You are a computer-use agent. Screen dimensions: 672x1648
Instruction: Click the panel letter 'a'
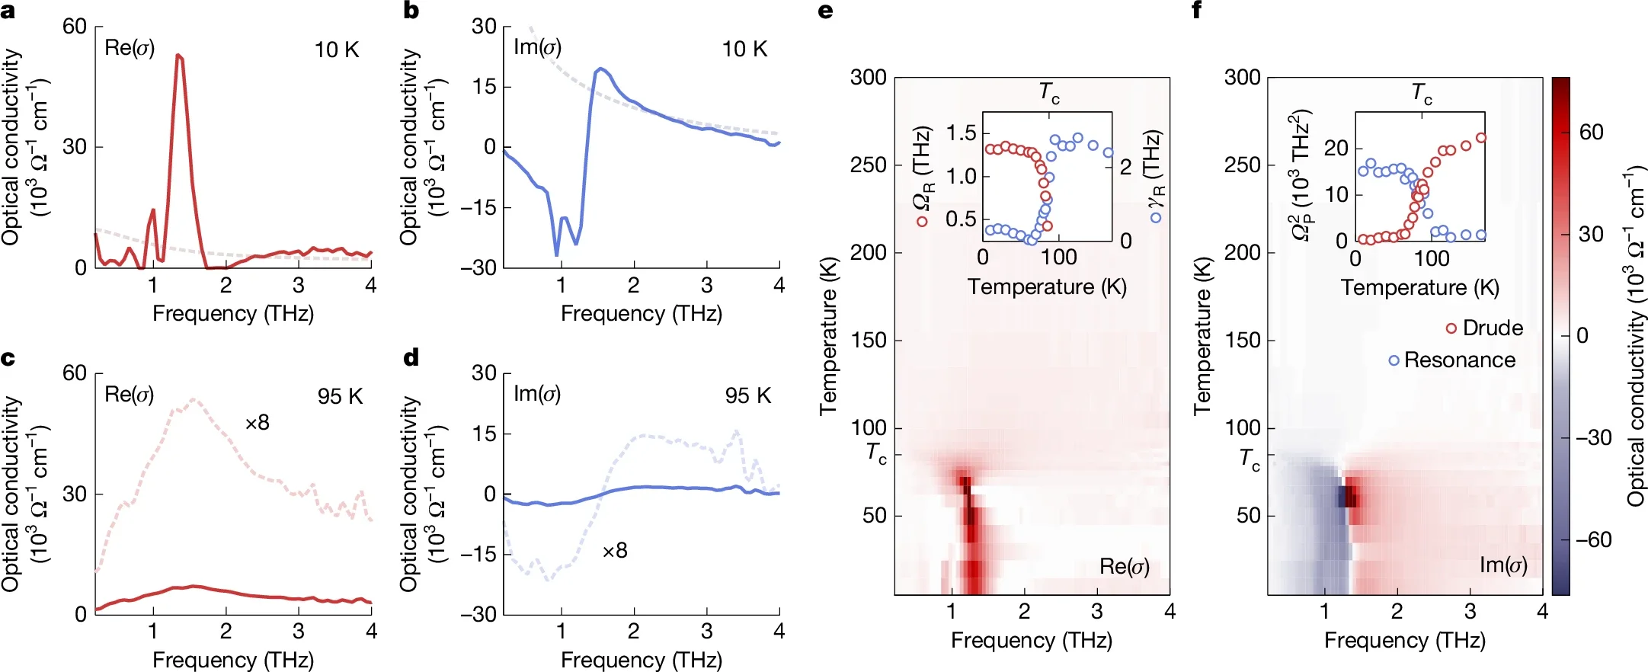(8, 11)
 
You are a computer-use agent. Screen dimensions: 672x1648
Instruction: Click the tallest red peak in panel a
(178, 56)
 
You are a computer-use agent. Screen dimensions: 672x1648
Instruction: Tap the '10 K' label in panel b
(744, 50)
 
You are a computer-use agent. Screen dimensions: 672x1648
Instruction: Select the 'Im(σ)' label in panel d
(537, 394)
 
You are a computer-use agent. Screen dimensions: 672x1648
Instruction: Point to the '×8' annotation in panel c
(257, 423)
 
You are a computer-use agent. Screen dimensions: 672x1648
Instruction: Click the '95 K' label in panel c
(340, 396)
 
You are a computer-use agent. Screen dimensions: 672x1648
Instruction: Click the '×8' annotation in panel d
(614, 551)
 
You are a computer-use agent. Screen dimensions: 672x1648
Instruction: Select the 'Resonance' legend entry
(1459, 360)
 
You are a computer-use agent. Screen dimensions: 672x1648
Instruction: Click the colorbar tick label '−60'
(1593, 540)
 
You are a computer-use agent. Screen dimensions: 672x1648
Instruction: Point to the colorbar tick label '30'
(1591, 234)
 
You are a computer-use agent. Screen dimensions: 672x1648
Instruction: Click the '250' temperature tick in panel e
(868, 165)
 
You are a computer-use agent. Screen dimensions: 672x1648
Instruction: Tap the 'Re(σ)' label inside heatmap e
(1124, 566)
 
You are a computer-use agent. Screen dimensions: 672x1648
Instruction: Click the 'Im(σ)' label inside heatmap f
(1502, 565)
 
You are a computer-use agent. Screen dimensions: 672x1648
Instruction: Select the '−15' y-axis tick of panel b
(477, 207)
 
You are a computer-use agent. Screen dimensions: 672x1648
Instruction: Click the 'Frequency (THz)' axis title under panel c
(233, 660)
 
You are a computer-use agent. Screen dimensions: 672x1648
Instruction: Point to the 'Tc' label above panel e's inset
(1049, 93)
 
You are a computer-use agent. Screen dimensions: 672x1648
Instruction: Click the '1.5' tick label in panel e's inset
(961, 133)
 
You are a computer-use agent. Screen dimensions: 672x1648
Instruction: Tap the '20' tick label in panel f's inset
(1336, 148)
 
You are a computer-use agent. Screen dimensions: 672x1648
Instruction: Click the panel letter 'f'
(1197, 11)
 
